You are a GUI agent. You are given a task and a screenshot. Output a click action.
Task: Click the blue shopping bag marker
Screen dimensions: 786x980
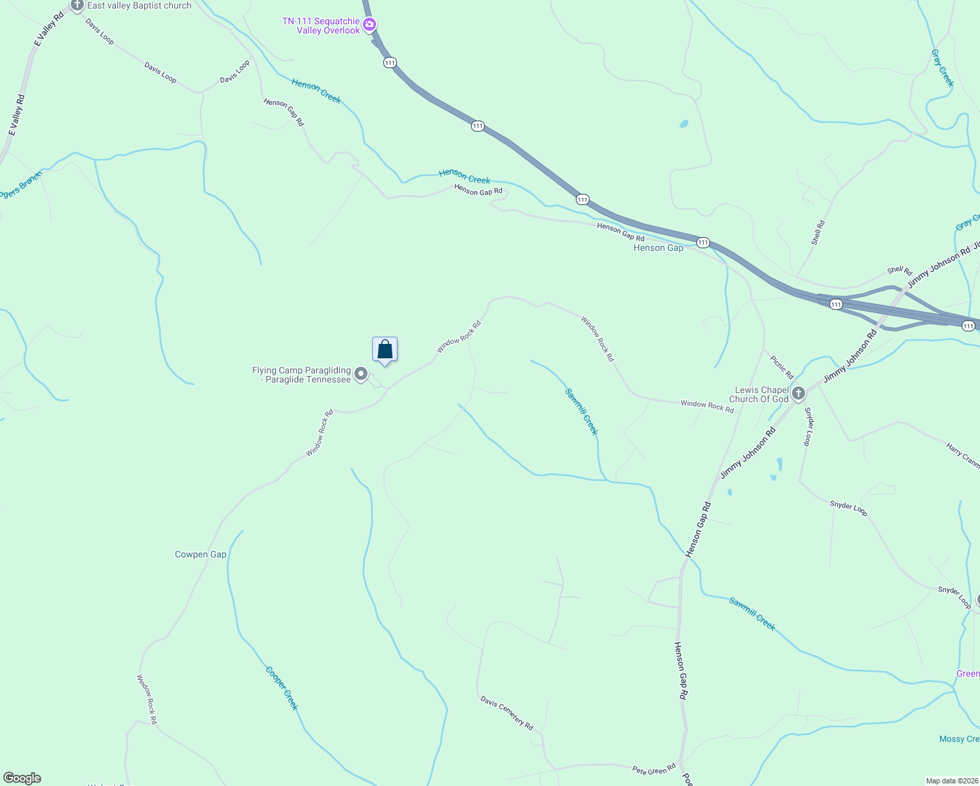point(385,350)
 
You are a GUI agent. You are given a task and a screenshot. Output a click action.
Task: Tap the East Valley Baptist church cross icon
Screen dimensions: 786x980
point(77,6)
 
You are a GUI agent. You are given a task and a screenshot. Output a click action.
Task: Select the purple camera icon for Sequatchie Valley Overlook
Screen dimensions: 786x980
point(369,25)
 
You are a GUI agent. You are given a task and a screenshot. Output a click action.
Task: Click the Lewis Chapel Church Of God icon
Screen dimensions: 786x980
point(798,394)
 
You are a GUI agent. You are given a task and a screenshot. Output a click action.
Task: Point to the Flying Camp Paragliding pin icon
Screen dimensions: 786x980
point(360,374)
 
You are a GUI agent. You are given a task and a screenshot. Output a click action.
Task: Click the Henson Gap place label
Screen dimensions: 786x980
point(658,248)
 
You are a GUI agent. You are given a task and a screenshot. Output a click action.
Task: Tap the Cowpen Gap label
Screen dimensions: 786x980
point(200,554)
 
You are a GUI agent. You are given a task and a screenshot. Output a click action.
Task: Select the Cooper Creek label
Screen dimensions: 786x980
point(282,688)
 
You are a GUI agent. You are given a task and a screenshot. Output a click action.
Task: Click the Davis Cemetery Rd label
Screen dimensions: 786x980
point(506,713)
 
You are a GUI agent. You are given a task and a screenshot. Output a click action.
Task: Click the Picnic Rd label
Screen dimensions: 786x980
point(782,367)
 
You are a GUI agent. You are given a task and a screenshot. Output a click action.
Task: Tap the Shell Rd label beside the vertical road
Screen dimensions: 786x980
point(818,233)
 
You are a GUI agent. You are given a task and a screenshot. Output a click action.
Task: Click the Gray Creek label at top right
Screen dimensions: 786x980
point(942,68)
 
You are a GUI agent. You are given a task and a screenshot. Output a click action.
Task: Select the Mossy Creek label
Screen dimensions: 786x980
point(959,739)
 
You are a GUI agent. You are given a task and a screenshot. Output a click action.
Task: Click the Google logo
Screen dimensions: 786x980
point(22,778)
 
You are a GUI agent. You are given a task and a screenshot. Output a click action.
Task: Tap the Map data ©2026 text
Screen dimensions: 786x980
point(951,781)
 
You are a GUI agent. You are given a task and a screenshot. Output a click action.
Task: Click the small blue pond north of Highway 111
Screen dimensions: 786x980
point(684,123)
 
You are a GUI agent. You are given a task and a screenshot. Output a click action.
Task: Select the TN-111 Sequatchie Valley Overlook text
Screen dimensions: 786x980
point(321,26)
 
